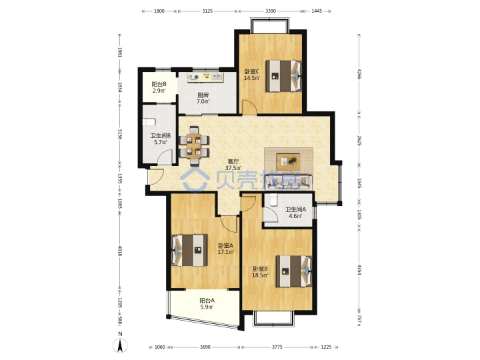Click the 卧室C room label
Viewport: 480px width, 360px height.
pos(252,71)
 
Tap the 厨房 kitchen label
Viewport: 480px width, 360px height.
pos(203,95)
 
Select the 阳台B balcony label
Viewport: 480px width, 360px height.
pos(159,84)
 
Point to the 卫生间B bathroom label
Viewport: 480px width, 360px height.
pos(161,135)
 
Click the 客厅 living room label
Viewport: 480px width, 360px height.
pos(233,161)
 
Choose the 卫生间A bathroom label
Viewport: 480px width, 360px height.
pos(296,210)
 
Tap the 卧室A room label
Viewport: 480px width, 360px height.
pos(225,245)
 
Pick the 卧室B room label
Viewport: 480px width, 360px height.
pos(260,269)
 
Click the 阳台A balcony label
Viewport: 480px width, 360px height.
pos(207,301)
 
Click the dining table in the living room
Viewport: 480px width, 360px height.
pos(194,145)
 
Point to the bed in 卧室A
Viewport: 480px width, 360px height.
pos(189,250)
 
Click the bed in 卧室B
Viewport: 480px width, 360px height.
pos(294,271)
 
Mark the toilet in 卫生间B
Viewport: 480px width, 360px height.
pos(149,122)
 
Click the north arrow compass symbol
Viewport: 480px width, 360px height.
pos(120,346)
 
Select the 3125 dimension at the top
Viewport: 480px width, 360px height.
pos(207,11)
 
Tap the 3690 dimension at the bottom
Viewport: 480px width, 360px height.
pos(205,347)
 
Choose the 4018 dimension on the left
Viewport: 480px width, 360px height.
pos(120,251)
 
